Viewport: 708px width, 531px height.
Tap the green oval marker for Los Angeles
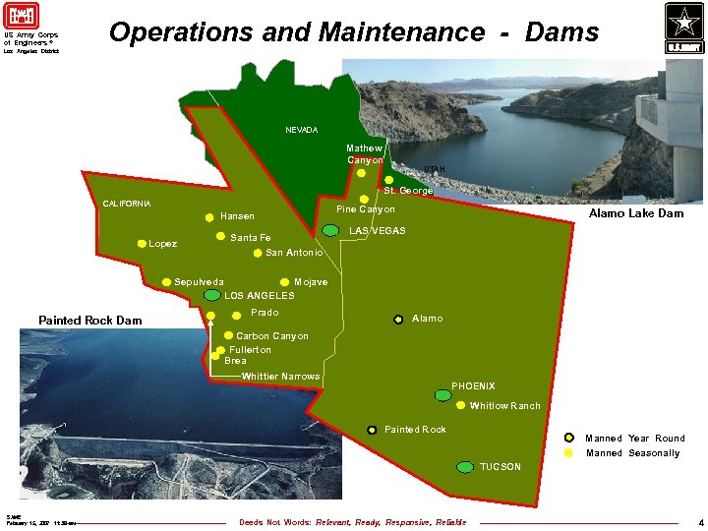[x=212, y=295]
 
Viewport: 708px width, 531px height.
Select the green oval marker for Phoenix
[x=443, y=395]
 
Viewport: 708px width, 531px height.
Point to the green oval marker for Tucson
[x=465, y=467]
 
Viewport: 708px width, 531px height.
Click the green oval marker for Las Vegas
[x=331, y=230]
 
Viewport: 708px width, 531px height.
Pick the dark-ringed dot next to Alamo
[x=398, y=319]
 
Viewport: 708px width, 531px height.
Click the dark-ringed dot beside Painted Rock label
[x=372, y=430]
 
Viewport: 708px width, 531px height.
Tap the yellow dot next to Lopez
[x=142, y=244]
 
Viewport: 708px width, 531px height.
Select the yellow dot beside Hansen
[x=208, y=216]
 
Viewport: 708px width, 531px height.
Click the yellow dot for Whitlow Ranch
[x=460, y=405]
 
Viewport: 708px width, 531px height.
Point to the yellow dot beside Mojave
[x=284, y=282]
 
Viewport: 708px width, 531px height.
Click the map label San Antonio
[x=294, y=253]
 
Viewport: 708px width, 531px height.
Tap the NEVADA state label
[x=302, y=130]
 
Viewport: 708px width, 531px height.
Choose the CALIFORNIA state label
[x=127, y=204]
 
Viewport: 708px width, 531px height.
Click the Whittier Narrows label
[x=280, y=377]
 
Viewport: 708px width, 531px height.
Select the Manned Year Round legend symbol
[x=568, y=438]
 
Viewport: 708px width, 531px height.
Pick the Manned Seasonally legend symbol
[x=568, y=453]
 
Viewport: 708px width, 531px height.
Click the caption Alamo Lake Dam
[x=635, y=213]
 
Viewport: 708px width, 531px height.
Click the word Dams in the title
[x=561, y=32]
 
